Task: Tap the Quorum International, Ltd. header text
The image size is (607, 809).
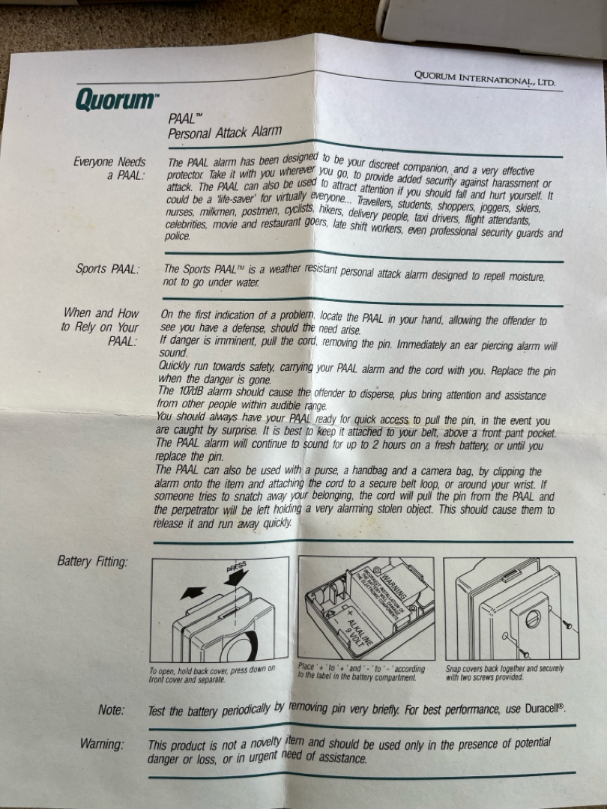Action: (x=485, y=79)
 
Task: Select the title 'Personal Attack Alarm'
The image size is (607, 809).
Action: (x=225, y=132)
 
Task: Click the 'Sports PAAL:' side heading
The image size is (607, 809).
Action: (x=108, y=269)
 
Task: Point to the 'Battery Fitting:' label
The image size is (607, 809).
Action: (x=92, y=561)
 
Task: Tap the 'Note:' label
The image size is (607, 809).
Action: (x=112, y=710)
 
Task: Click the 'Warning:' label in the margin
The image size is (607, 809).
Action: (x=102, y=744)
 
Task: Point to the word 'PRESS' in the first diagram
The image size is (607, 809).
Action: (x=236, y=566)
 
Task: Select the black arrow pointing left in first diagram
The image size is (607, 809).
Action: (x=193, y=593)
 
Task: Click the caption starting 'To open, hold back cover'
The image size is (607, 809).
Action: (x=211, y=674)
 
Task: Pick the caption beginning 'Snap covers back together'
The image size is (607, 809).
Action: (x=504, y=673)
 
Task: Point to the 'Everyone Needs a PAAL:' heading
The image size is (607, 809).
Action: (x=109, y=169)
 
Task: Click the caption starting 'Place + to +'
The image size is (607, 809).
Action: (x=361, y=672)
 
